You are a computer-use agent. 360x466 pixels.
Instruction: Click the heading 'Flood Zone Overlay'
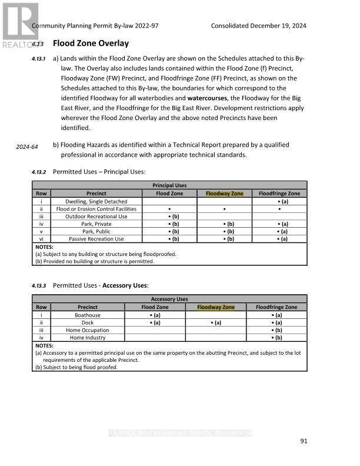coord(91,44)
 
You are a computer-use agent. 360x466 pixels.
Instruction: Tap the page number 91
coord(304,441)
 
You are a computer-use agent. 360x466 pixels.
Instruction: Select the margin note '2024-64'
coord(27,147)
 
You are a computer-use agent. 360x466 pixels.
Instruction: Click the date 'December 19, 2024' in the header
coord(278,26)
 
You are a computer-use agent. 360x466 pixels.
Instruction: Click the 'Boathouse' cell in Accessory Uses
coord(88,315)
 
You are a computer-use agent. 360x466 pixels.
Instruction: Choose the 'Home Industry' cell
coord(88,338)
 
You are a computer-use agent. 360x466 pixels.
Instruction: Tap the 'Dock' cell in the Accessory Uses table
coord(88,323)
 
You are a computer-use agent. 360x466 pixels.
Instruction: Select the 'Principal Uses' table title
coord(169,186)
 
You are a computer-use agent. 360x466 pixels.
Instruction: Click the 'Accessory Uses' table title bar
coord(169,299)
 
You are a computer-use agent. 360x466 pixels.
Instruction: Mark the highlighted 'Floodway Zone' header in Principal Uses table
coord(224,194)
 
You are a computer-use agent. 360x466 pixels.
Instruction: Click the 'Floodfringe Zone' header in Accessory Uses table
coord(276,307)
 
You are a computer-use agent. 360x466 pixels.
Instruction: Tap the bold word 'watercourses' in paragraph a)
coord(208,98)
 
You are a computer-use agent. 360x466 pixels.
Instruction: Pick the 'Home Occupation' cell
coord(88,331)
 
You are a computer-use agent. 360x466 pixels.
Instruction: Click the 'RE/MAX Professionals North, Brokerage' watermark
coord(180,433)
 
